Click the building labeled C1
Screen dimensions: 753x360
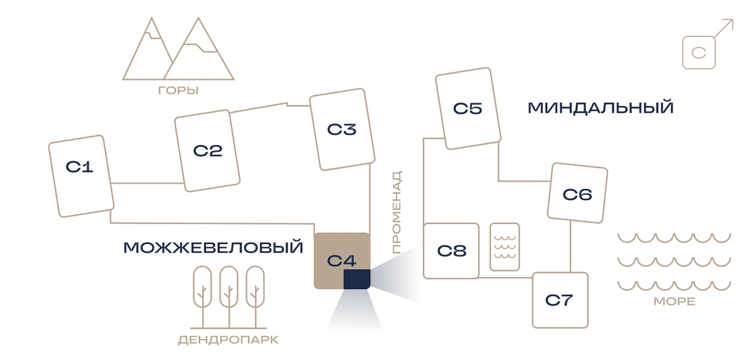(82, 176)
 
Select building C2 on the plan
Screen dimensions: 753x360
(207, 151)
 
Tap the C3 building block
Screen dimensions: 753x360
(342, 129)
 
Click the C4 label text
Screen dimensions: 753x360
(341, 260)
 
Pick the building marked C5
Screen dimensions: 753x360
(468, 109)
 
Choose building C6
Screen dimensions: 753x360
(577, 193)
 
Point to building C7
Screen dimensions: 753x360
(560, 300)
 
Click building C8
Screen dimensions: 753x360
(451, 251)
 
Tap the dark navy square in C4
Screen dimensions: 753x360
(357, 279)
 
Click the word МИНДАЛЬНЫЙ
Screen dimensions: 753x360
(601, 108)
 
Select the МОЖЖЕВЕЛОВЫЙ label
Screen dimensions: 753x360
(213, 247)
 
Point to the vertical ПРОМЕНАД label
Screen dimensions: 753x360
(397, 212)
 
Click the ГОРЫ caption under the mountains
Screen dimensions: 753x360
(178, 90)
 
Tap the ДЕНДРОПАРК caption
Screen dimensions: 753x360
(228, 340)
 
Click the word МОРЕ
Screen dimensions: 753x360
(675, 301)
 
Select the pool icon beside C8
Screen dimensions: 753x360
(505, 246)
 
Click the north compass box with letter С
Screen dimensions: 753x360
(699, 53)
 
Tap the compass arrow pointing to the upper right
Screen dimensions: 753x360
(724, 28)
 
